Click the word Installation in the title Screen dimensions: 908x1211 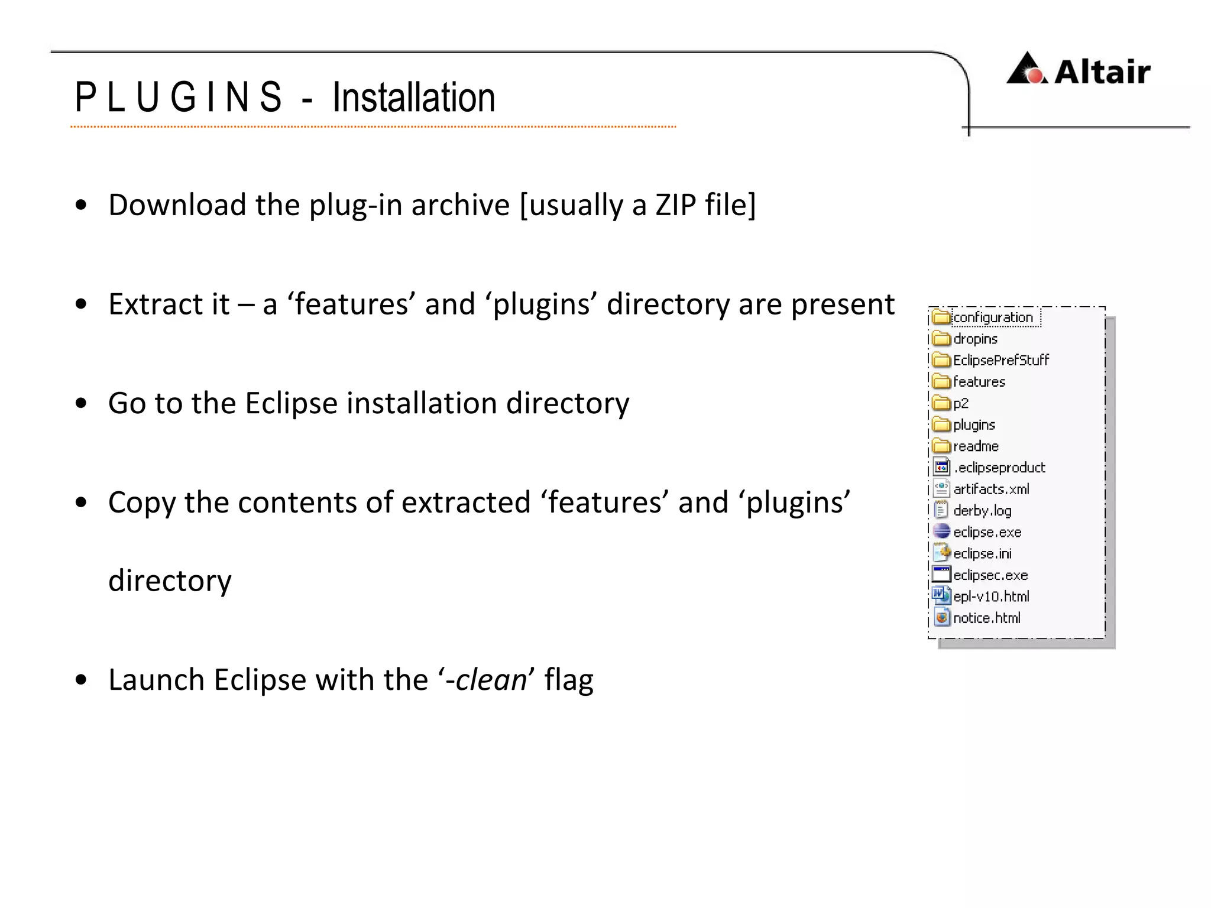tap(413, 98)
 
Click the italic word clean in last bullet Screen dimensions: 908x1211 tap(491, 680)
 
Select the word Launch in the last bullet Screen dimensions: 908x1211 tap(156, 680)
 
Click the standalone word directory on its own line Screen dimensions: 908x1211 tap(170, 581)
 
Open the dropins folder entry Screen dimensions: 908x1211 tap(975, 339)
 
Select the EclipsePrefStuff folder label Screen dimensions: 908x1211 tap(1000, 360)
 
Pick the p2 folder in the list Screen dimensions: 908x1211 tap(960, 403)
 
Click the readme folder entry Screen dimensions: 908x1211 tap(976, 446)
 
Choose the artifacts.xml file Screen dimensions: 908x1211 tap(991, 489)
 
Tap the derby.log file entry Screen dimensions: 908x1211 tap(982, 511)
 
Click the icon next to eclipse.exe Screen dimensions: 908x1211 tap(941, 531)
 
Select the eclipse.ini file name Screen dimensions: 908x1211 tap(982, 554)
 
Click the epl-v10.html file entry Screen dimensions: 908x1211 tap(991, 596)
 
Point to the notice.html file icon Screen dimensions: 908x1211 tap(941, 618)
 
